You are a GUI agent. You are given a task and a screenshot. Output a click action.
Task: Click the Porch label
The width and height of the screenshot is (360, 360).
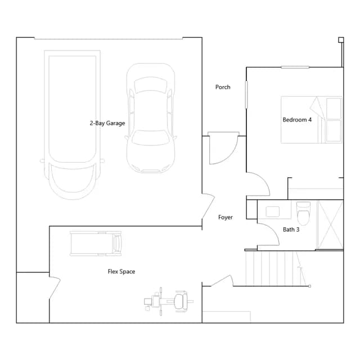click(223, 87)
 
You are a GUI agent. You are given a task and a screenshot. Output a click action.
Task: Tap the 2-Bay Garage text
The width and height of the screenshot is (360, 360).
click(107, 123)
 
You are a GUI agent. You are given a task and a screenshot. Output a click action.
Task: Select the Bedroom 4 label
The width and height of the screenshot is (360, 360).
click(297, 120)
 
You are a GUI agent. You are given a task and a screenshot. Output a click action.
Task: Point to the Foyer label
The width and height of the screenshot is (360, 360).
click(225, 217)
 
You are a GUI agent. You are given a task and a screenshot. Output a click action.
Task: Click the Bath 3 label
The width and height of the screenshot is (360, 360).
click(291, 229)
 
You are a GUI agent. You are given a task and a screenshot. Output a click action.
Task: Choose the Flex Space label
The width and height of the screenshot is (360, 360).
click(121, 272)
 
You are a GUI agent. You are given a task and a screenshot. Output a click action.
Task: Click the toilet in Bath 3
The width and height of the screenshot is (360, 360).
click(303, 213)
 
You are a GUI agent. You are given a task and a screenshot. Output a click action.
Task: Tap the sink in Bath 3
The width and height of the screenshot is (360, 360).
click(272, 211)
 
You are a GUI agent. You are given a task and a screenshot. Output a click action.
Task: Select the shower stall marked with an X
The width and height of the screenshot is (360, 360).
click(330, 225)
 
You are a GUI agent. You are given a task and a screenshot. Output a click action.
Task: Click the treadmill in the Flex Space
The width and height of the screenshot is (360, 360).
click(96, 244)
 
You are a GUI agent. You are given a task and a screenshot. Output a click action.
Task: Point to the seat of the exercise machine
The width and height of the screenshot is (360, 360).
click(181, 301)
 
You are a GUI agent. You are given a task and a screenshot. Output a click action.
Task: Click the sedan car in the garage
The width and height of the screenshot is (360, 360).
click(151, 118)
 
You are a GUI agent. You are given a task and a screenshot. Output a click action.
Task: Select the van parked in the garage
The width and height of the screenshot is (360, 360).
click(73, 125)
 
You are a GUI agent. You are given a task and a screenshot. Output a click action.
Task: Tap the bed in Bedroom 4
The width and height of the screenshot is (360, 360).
click(312, 120)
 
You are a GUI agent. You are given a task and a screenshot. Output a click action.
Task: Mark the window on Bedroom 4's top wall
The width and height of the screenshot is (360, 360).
click(295, 67)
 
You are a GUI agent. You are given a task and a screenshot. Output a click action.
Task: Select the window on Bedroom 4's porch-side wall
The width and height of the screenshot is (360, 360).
click(246, 94)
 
